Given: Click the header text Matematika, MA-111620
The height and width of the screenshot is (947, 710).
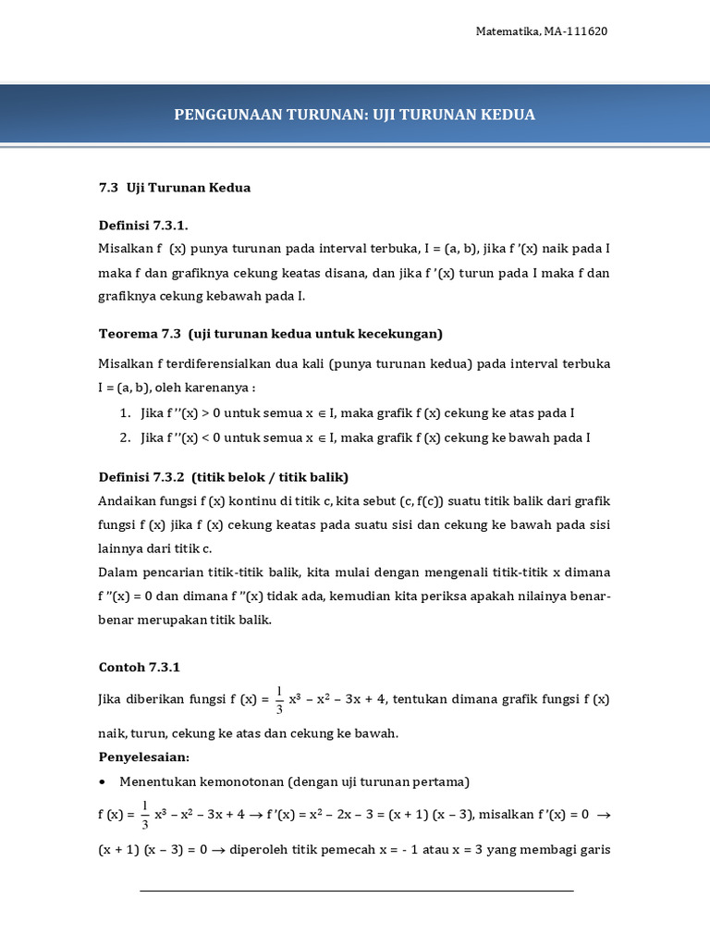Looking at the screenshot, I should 541,31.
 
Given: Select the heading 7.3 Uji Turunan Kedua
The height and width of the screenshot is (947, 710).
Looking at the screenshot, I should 175,188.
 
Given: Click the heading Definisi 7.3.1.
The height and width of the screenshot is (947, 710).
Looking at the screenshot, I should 148,226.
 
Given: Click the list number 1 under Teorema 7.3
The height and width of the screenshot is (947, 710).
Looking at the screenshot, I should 124,413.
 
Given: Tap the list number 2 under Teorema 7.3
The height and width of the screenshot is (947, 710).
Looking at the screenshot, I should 124,437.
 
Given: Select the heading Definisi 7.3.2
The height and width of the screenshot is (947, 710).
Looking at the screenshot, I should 141,477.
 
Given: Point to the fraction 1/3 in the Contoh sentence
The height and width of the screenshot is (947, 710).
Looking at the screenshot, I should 280,701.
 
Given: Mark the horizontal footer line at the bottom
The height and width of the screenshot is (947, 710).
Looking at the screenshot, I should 356,891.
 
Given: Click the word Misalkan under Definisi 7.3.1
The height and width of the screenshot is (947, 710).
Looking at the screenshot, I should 127,249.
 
